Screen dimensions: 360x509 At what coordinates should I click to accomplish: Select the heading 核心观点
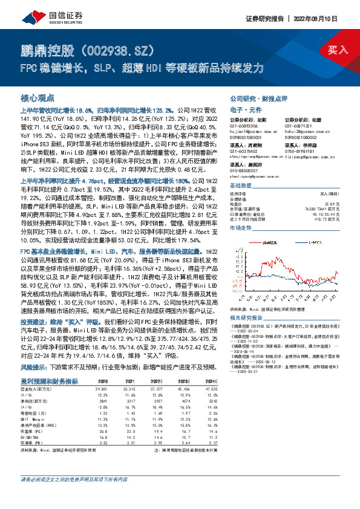point(38,98)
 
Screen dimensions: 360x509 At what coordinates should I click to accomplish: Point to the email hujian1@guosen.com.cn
point(253,129)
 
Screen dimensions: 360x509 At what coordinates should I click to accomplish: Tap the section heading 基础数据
point(241,186)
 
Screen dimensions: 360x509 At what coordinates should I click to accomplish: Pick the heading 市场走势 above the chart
point(241,228)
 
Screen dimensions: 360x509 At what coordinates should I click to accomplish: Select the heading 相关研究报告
point(247,316)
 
